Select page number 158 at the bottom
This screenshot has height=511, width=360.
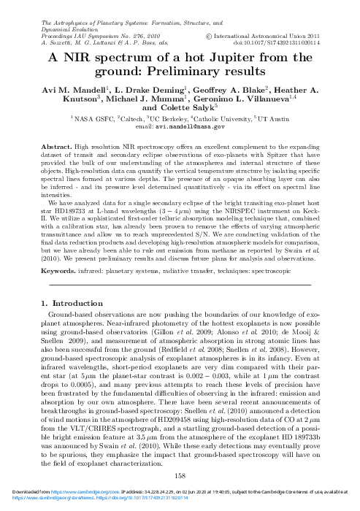coord(180,475)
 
